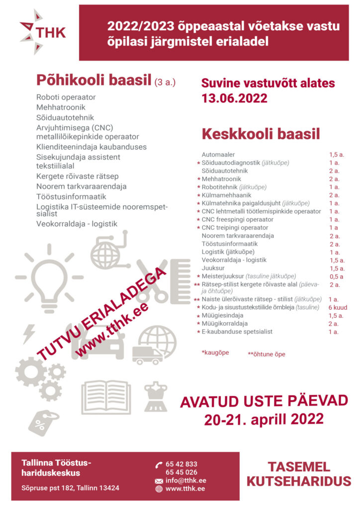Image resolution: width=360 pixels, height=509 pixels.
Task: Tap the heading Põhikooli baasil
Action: point(93,80)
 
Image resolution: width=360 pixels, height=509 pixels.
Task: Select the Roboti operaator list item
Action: point(66,97)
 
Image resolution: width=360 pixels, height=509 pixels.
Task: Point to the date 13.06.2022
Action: point(234,98)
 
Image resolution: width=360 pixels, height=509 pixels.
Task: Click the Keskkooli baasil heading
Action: point(260,134)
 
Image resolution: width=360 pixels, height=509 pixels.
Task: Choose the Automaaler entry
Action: point(218,155)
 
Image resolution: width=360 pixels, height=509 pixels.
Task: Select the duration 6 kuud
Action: point(338,308)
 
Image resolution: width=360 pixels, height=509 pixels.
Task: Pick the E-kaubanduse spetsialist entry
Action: point(237,332)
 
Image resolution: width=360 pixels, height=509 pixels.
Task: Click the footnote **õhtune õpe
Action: point(267,354)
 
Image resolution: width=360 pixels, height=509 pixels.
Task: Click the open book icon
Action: point(106,397)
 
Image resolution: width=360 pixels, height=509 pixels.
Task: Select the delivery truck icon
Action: point(147,355)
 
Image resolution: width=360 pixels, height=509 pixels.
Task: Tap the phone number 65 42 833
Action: point(181,464)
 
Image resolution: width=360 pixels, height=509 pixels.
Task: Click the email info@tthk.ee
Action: point(185,481)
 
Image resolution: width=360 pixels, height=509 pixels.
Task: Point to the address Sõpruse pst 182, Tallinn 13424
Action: point(70,488)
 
